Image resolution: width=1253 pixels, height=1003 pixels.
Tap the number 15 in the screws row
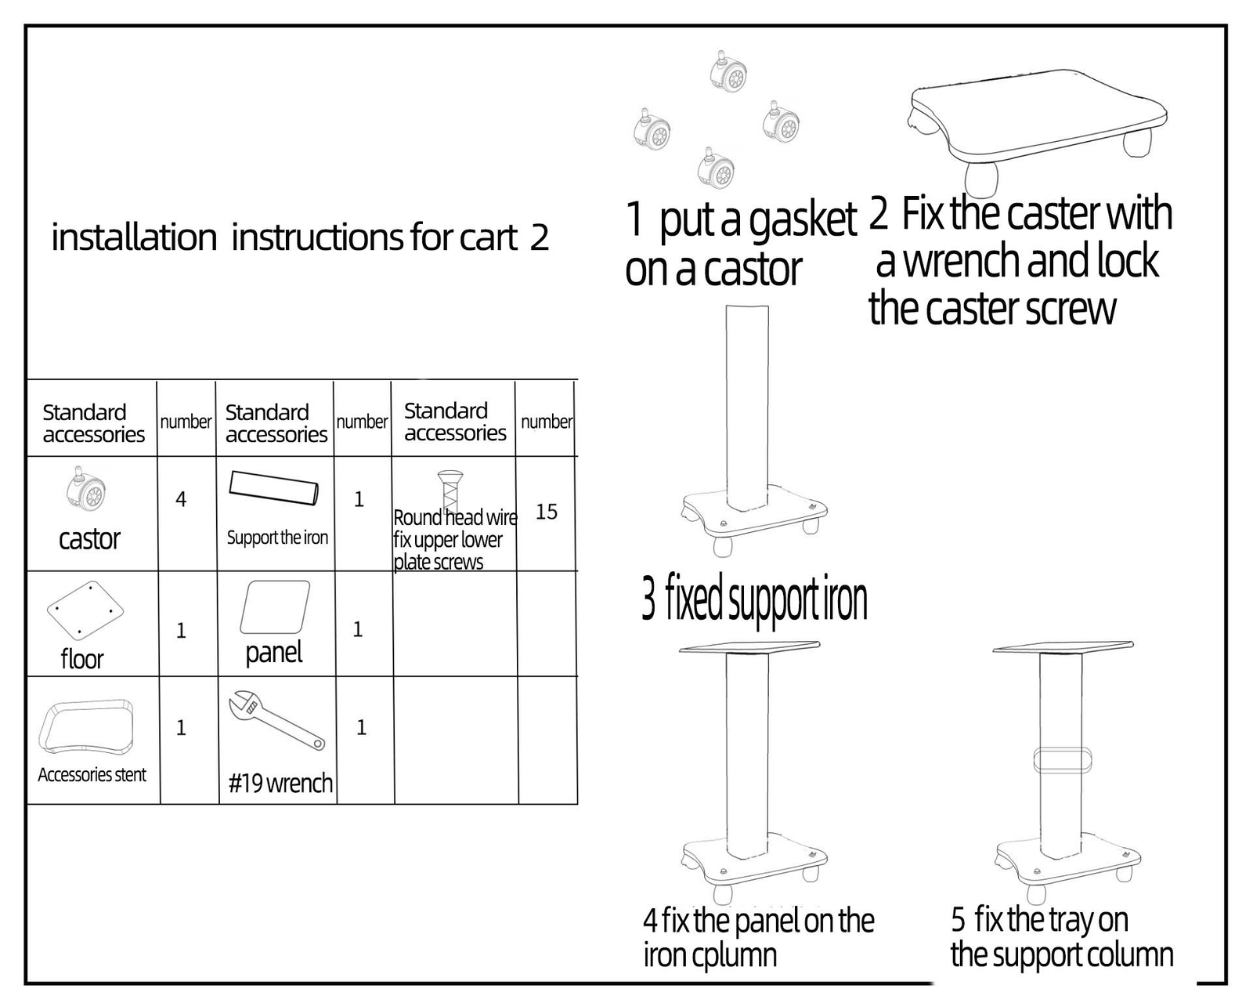pyautogui.click(x=547, y=512)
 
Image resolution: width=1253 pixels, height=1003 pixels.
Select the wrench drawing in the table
pyautogui.click(x=276, y=719)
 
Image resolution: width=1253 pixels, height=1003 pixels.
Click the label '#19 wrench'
pyautogui.click(x=280, y=783)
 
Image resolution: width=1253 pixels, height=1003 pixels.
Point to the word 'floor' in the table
pyautogui.click(x=82, y=659)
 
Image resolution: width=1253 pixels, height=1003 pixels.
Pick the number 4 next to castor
pyautogui.click(x=181, y=499)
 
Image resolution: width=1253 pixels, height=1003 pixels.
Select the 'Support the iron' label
pyautogui.click(x=277, y=538)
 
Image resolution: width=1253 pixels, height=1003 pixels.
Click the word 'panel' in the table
pyautogui.click(x=273, y=652)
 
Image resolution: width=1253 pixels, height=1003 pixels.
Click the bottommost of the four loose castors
pyautogui.click(x=717, y=169)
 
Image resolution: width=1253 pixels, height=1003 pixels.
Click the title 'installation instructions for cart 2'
pyautogui.click(x=300, y=237)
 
